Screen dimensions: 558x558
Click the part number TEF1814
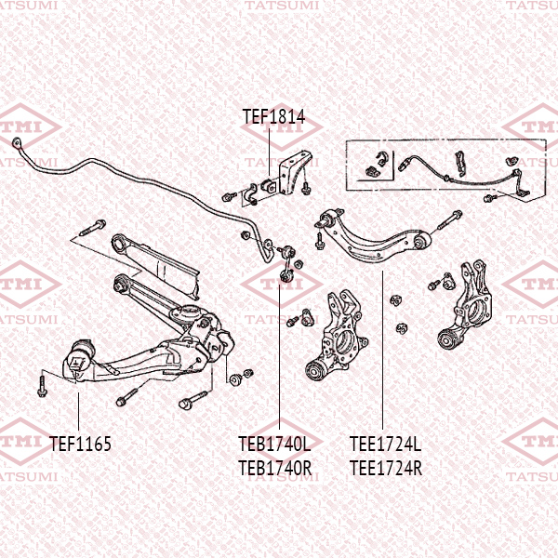click(x=273, y=118)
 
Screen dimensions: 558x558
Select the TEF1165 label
click(x=80, y=445)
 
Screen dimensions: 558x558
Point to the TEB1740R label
click(x=274, y=468)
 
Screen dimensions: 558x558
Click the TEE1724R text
click(x=385, y=468)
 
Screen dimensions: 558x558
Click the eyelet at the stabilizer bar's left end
click(x=17, y=142)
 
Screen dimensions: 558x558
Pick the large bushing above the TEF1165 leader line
click(x=81, y=358)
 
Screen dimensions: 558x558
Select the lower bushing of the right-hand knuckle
click(x=453, y=341)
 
